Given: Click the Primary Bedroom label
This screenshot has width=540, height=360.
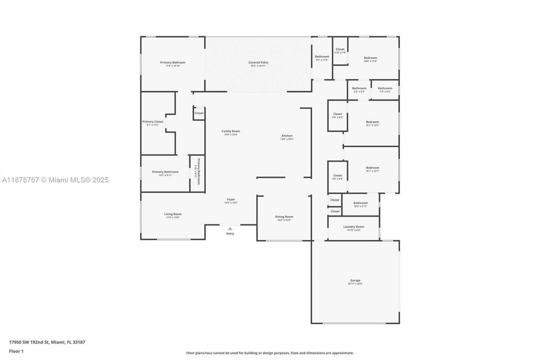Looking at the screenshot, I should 173,62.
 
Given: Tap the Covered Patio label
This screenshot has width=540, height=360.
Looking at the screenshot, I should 258,62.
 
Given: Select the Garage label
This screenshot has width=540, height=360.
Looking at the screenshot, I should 355,280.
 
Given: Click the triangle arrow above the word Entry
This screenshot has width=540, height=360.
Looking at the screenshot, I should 230,228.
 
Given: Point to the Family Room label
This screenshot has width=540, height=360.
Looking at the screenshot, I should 231,131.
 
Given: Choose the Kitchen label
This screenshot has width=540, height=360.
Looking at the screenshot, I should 287,136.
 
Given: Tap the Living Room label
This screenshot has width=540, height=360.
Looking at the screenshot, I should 173,214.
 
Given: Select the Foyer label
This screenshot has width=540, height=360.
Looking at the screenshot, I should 231,200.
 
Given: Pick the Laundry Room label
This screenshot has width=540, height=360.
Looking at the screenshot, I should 354,227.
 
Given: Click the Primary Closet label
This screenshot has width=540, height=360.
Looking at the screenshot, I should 153,122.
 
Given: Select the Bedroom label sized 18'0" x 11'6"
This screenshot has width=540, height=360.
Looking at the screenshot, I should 370,58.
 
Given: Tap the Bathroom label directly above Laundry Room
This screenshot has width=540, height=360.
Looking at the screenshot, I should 360,203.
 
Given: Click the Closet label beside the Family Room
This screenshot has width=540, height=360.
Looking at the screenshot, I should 199,113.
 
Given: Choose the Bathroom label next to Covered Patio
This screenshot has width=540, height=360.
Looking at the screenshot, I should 322,57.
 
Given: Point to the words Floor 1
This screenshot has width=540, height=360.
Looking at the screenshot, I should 16,351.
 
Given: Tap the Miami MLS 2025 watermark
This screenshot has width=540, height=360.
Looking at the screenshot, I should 54,180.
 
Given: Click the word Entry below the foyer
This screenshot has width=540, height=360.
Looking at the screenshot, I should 230,233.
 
